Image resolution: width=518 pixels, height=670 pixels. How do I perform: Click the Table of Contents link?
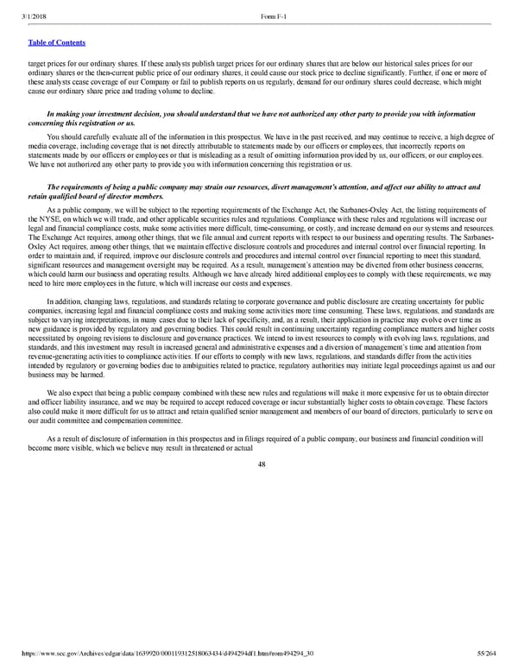56,41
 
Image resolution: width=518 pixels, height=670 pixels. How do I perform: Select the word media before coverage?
38,143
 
